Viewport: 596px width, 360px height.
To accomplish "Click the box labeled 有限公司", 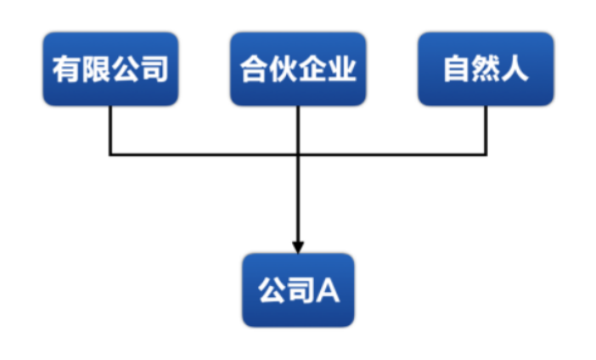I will (110, 69).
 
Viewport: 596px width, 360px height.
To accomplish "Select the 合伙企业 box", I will (298, 69).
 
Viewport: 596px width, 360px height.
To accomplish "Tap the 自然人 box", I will (486, 69).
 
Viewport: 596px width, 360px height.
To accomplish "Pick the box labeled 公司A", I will (298, 290).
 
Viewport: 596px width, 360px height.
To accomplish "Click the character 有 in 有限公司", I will (66, 70).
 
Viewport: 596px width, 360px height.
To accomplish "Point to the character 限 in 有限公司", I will (96, 70).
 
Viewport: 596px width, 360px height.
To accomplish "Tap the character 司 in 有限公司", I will (155, 70).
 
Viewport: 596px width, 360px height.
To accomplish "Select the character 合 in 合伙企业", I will (254, 70).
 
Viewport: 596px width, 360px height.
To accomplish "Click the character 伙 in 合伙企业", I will (284, 70).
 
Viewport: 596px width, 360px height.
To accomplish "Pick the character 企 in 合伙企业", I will (313, 70).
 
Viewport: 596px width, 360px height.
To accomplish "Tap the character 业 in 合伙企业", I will (342, 70).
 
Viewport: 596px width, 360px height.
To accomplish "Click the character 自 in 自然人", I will (457, 70).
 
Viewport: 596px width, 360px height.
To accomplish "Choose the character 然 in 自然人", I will (486, 70).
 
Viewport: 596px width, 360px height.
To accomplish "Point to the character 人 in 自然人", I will (515, 70).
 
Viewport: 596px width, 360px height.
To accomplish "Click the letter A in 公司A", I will (329, 290).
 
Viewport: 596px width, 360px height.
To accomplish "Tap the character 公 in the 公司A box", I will (270, 290).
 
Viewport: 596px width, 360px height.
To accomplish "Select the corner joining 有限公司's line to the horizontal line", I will (110, 155).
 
